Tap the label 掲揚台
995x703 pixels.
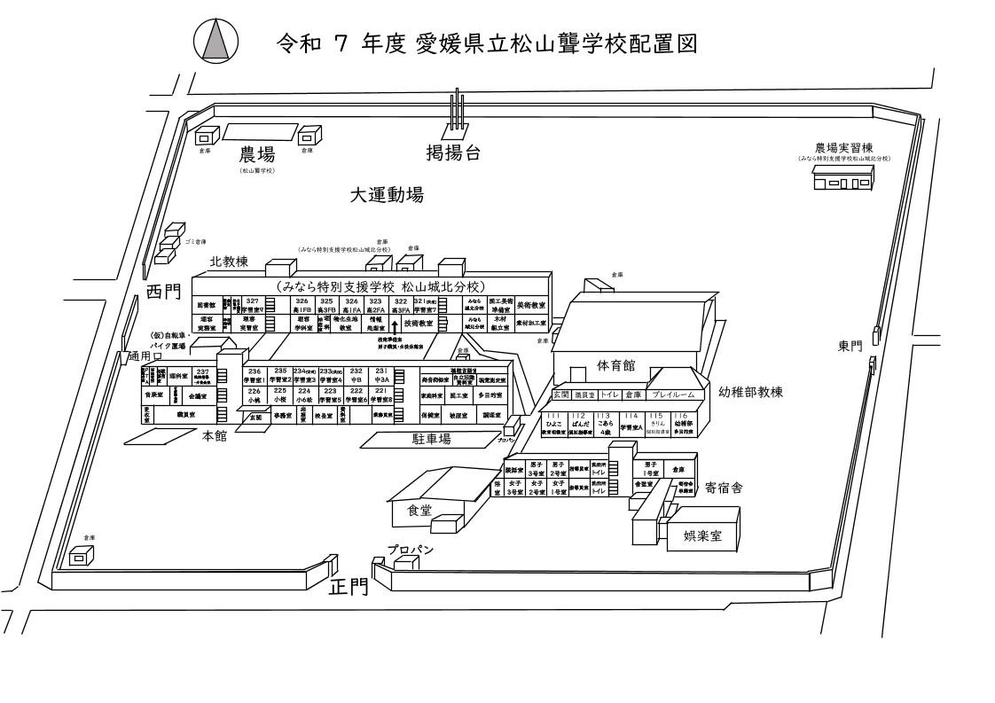point(453,153)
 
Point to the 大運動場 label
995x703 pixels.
point(385,194)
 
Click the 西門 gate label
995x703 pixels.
point(164,292)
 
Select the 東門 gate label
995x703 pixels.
point(850,346)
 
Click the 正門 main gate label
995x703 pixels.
point(349,587)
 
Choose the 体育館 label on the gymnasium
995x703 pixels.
point(615,364)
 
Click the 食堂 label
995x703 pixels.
point(419,510)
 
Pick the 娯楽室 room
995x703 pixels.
point(702,537)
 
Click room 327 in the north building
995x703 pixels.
point(253,306)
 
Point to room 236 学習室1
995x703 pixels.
point(255,375)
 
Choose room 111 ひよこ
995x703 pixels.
point(553,422)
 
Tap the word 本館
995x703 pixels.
point(215,436)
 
